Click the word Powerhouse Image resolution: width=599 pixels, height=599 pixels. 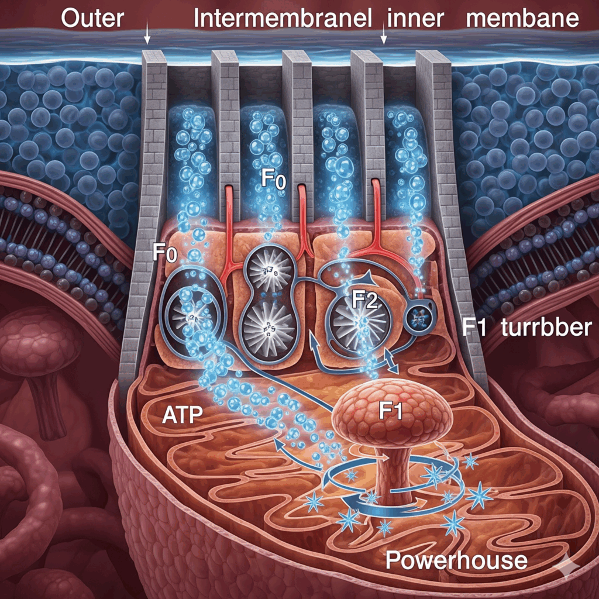coord(456,560)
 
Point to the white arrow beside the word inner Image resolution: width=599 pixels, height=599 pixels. coord(384,37)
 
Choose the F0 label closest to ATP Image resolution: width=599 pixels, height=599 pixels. coord(165,254)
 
